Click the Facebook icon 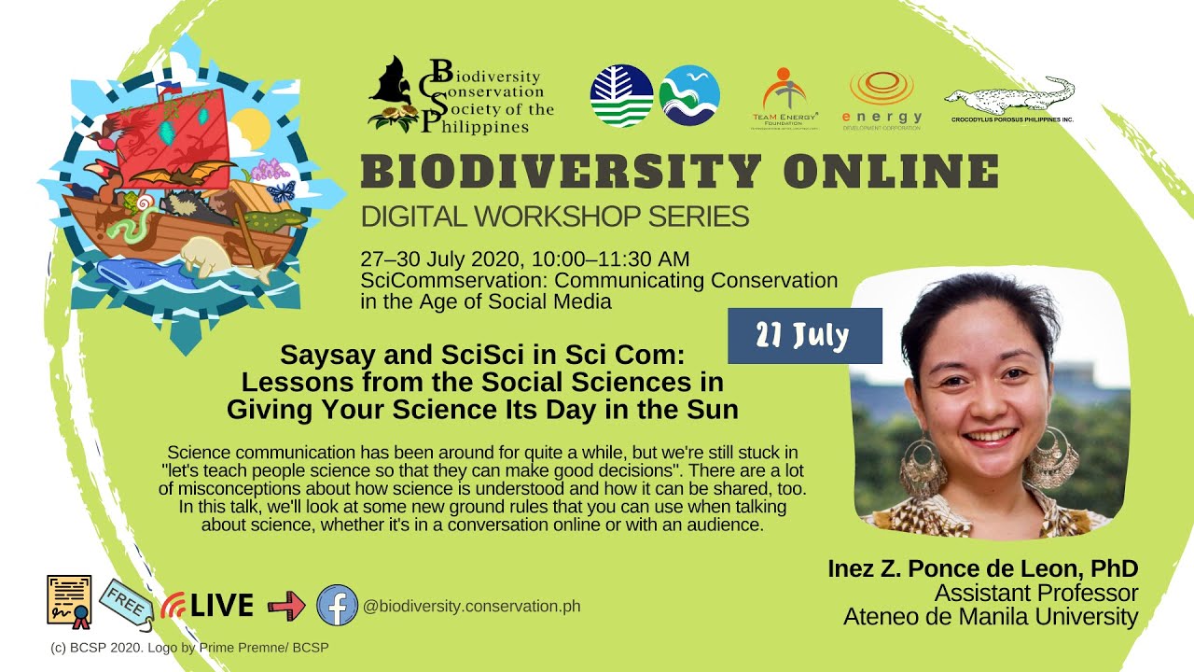[337, 605]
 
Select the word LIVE [221, 606]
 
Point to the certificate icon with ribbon [69, 600]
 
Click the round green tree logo [621, 96]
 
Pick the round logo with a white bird [689, 96]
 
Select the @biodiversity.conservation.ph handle [471, 606]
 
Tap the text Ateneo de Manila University [991, 617]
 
